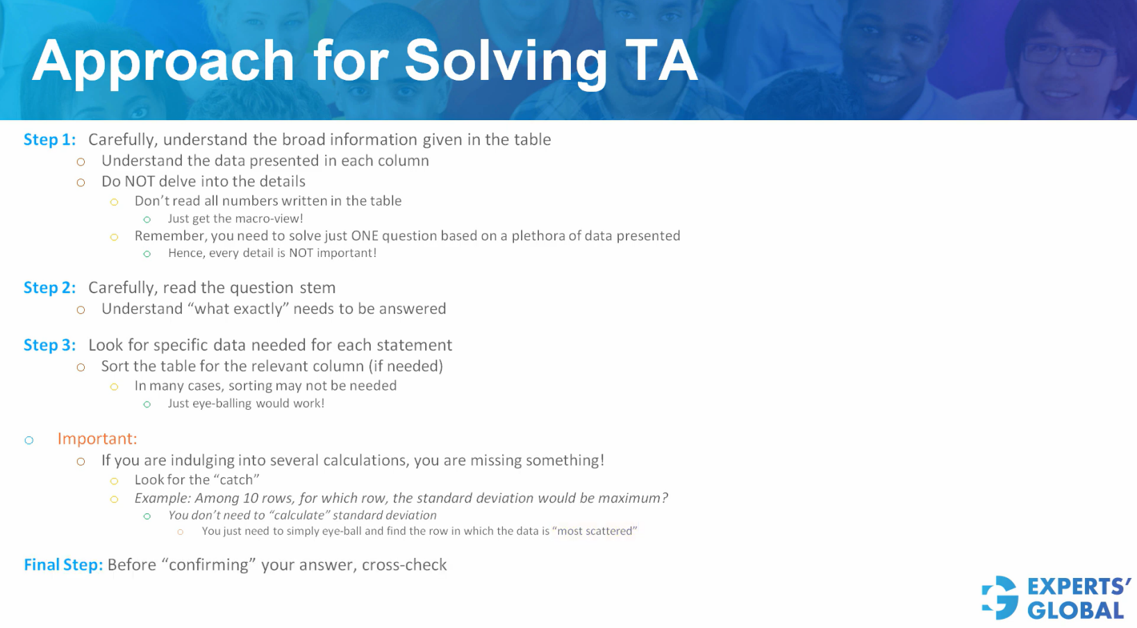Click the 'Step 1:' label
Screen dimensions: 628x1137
pos(49,140)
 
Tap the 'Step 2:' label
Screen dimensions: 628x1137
pos(49,288)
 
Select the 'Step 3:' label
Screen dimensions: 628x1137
pos(49,345)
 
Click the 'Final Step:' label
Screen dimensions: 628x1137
pos(63,565)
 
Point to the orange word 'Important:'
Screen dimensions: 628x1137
pos(97,439)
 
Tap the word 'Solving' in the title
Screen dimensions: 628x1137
pos(506,61)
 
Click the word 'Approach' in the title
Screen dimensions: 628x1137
pos(163,61)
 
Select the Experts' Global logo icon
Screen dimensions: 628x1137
pos(1000,597)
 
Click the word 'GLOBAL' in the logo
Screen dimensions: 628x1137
pos(1075,611)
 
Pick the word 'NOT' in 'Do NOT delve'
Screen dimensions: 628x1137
pos(140,181)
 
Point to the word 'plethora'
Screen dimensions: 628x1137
pos(538,235)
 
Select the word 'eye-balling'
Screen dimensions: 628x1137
pos(221,403)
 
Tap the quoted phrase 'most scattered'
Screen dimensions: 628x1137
pos(595,531)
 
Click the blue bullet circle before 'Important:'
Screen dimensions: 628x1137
pos(29,440)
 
